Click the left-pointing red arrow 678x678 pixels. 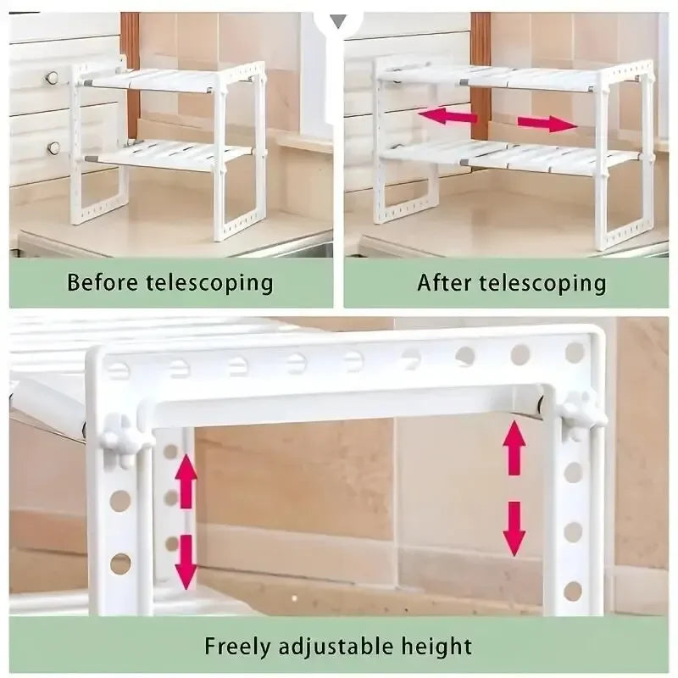[447, 116]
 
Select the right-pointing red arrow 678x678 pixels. [547, 124]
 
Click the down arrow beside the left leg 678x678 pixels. [186, 563]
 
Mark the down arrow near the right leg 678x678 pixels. [514, 529]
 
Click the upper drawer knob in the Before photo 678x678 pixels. [53, 78]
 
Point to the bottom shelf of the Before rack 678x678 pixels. [169, 155]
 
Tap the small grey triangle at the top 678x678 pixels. [338, 21]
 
